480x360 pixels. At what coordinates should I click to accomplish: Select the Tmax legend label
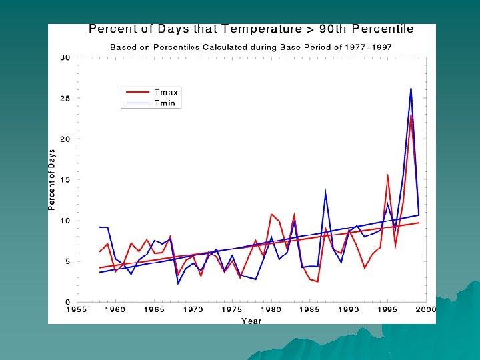pos(166,93)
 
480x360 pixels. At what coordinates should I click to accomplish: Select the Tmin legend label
pos(165,103)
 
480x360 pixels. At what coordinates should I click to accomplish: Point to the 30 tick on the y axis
pos(65,58)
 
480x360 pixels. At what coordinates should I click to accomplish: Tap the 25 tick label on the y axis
pos(65,99)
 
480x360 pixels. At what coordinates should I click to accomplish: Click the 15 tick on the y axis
pos(65,180)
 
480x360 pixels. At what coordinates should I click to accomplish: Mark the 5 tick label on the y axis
pos(67,261)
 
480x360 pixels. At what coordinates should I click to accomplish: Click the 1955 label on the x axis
pos(77,309)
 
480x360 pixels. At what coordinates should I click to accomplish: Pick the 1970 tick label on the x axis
pos(193,309)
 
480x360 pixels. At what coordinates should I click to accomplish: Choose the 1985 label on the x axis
pos(310,309)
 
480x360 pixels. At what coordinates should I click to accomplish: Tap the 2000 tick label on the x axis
pos(426,309)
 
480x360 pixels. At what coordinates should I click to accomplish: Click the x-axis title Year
pos(251,321)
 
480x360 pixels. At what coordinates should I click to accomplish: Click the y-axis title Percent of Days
pos(52,180)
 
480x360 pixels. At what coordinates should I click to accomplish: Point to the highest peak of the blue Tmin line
pos(411,89)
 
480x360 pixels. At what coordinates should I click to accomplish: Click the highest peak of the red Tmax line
pos(411,115)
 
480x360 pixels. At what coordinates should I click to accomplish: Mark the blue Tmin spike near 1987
pos(325,192)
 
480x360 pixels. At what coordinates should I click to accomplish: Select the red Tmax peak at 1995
pos(388,175)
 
